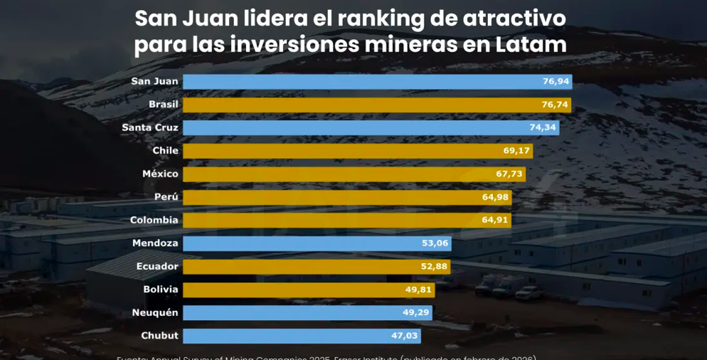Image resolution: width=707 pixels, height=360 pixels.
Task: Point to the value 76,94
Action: pyautogui.click(x=555, y=82)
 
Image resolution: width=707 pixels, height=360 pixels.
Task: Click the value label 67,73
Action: pyautogui.click(x=509, y=174)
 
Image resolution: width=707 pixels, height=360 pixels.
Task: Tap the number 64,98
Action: pyautogui.click(x=496, y=197)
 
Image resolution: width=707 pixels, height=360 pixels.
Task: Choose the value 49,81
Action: pyautogui.click(x=417, y=290)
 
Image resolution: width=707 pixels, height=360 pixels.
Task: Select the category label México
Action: pyautogui.click(x=160, y=174)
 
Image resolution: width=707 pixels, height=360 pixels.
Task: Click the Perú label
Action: pyautogui.click(x=166, y=197)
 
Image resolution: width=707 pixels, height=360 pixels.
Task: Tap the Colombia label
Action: pyautogui.click(x=154, y=221)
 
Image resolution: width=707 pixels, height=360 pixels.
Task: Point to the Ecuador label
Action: pyautogui.click(x=157, y=267)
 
